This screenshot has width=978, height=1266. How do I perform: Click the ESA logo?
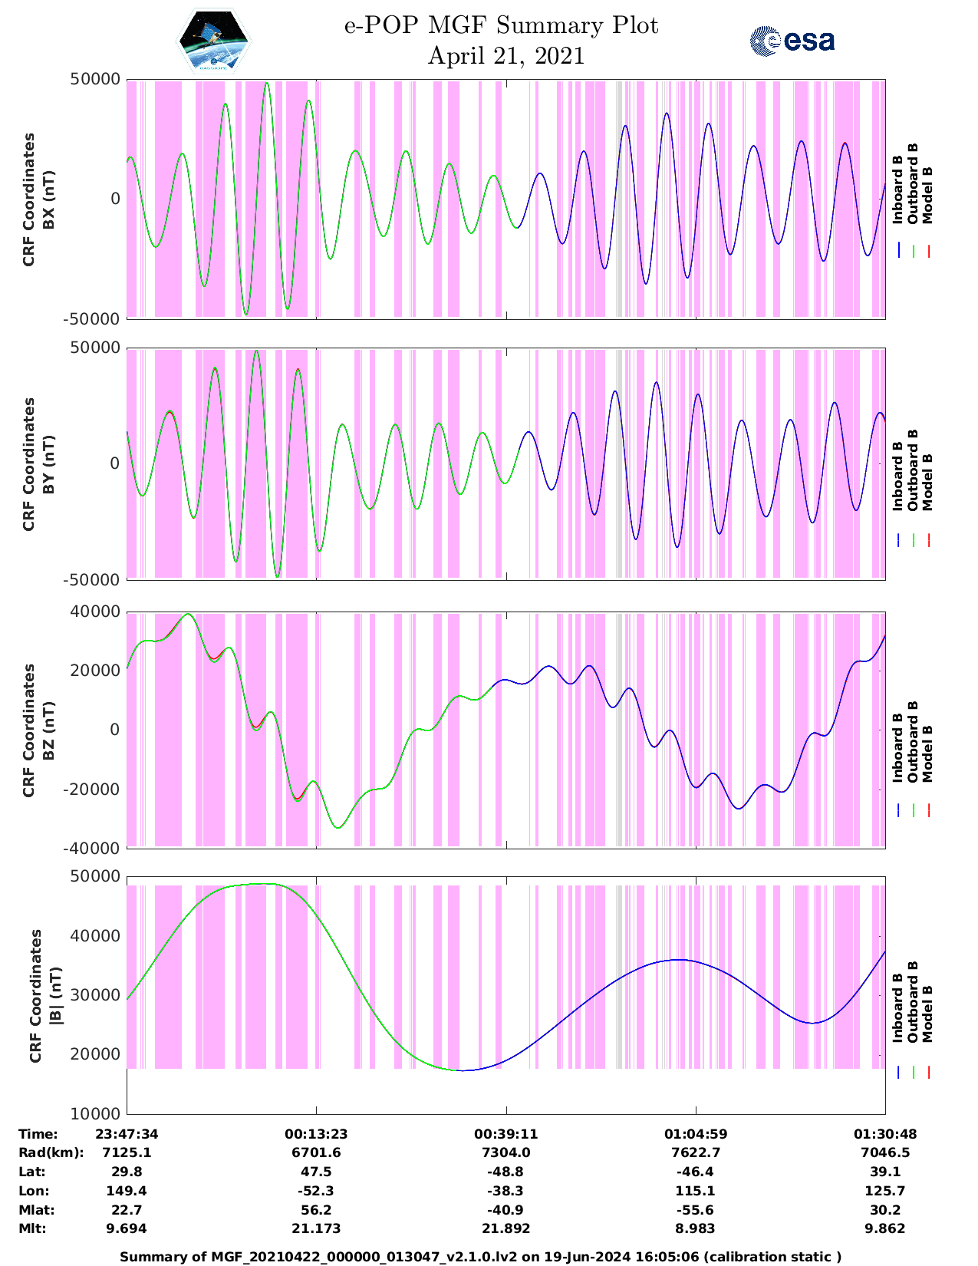[x=792, y=41]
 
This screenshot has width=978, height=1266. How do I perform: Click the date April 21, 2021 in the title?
[x=505, y=56]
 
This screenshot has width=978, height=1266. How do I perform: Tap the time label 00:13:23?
[x=316, y=1134]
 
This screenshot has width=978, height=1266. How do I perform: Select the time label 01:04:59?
[x=696, y=1134]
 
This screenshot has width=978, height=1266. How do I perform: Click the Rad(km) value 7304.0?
[x=505, y=1152]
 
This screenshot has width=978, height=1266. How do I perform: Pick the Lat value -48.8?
[x=505, y=1172]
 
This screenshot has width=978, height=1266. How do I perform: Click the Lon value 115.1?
[x=696, y=1191]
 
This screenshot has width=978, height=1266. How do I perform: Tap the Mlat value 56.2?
[x=316, y=1210]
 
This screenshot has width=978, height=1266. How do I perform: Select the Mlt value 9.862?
[x=885, y=1228]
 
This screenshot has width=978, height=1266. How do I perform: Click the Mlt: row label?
[x=32, y=1228]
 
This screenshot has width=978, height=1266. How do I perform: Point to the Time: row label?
[x=38, y=1134]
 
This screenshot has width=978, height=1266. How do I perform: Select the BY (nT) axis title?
[x=48, y=463]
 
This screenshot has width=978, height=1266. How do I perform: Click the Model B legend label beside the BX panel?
[x=927, y=195]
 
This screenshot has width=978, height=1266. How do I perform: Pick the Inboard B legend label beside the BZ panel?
[x=897, y=748]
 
